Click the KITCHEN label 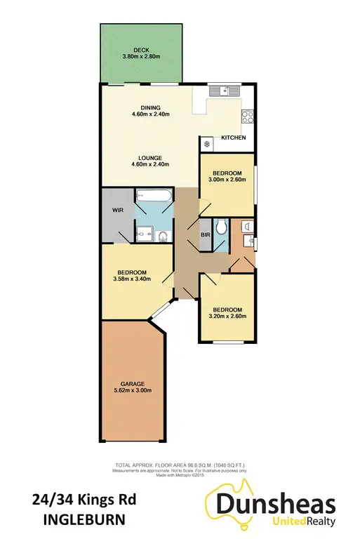pos(234,138)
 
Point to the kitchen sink pos(226,91)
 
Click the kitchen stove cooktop pos(248,116)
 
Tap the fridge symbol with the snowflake pos(208,143)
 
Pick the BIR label pos(206,235)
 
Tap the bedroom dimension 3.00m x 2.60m pos(227,180)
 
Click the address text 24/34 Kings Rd pos(84,500)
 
